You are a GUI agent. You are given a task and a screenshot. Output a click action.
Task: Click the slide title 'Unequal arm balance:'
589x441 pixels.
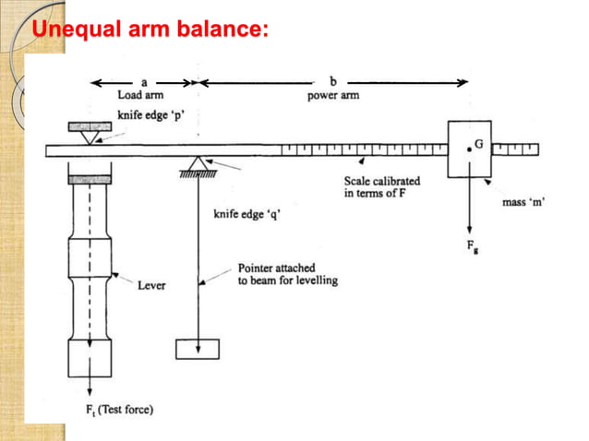(x=150, y=31)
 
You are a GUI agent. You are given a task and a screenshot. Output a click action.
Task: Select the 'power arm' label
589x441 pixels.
(x=333, y=94)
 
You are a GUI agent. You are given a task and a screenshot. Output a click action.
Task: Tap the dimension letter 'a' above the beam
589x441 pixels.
(x=144, y=81)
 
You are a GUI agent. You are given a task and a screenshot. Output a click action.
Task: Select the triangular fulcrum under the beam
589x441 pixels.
(x=198, y=163)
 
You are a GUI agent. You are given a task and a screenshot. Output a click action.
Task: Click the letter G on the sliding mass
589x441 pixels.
(x=480, y=144)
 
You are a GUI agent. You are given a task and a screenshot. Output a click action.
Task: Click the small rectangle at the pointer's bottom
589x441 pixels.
(x=198, y=348)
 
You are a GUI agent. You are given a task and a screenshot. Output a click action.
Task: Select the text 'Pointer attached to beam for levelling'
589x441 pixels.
(x=287, y=274)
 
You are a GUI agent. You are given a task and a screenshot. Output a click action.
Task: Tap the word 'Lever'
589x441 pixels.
(x=151, y=285)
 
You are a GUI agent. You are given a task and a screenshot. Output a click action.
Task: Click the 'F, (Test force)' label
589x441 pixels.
(x=114, y=410)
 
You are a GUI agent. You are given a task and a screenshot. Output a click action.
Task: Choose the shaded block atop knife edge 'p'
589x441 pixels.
(x=90, y=125)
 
